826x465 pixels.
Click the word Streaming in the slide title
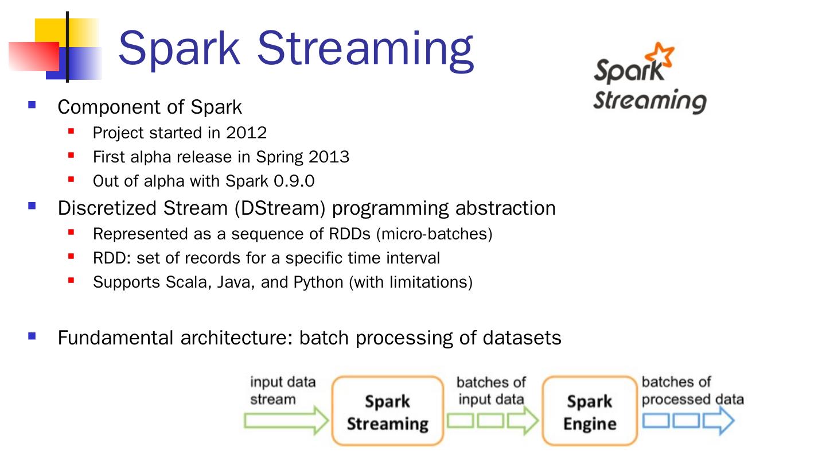365,51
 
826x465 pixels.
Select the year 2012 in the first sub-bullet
246,133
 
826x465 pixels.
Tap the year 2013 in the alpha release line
329,157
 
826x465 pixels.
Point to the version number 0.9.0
294,181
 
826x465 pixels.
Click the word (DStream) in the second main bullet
280,208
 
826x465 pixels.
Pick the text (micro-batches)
434,234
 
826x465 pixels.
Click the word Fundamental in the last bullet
115,338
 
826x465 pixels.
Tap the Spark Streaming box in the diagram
388,411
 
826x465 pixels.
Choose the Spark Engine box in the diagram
590,411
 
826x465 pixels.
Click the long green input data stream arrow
286,420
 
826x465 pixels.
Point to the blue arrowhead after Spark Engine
719,420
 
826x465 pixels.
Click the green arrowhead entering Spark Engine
523,420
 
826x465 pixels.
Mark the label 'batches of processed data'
692,391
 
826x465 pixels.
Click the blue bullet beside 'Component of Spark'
32,105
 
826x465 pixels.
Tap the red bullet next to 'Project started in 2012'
71,131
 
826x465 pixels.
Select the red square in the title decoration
34,56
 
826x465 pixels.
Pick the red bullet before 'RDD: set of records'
71,256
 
